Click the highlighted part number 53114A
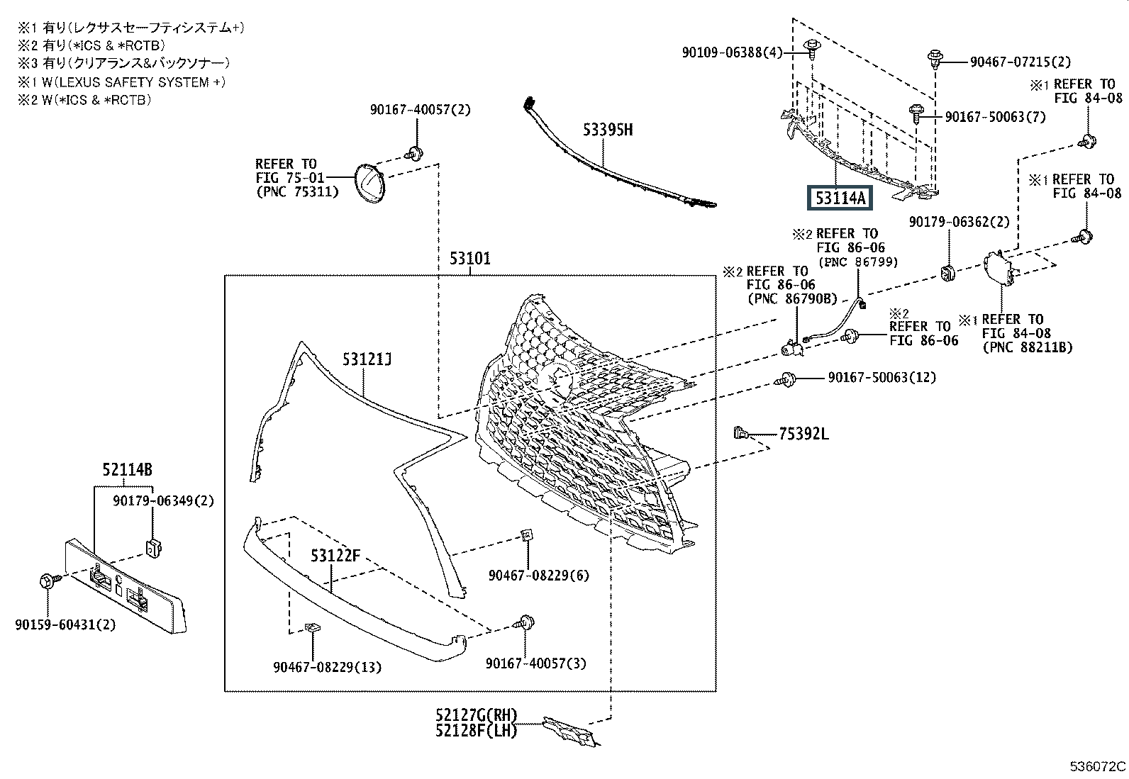840,198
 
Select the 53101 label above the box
469,259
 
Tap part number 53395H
607,130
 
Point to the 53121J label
367,359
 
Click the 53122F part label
335,556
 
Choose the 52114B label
127,470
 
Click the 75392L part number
803,434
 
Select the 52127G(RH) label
477,715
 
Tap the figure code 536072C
1097,766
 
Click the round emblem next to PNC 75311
370,184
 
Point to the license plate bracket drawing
126,586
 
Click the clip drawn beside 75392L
741,432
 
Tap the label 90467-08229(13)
328,667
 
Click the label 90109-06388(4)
733,52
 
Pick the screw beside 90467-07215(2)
935,60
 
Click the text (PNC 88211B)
1028,347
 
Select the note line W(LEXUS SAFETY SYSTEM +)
133,82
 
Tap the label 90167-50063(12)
882,377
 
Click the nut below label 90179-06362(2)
947,273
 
